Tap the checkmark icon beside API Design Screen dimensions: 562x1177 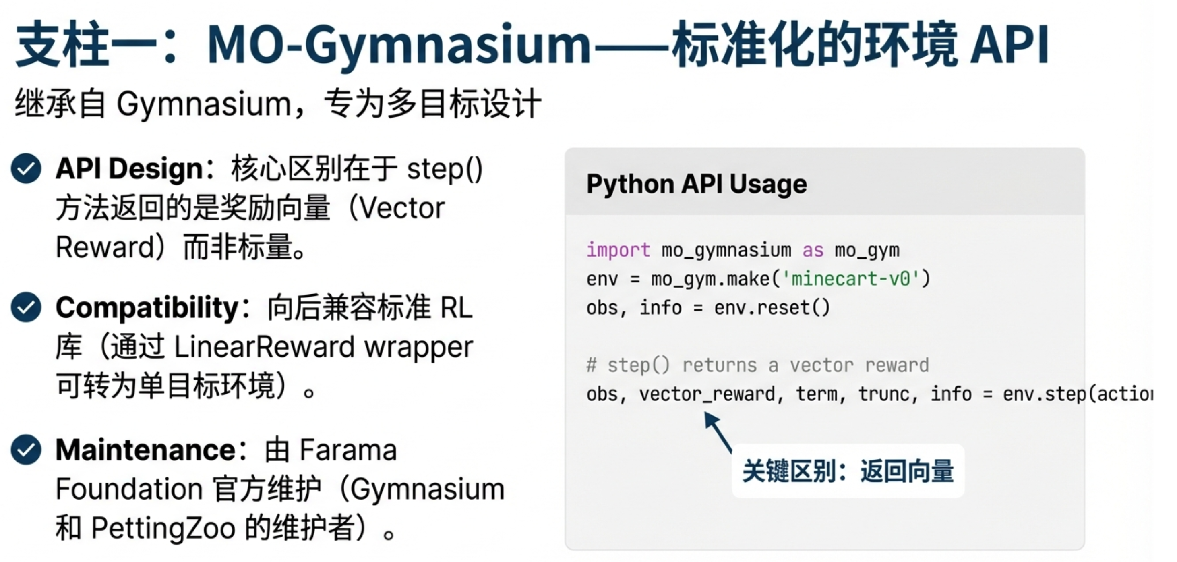pyautogui.click(x=26, y=168)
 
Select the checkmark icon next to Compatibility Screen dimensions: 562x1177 pyautogui.click(x=26, y=307)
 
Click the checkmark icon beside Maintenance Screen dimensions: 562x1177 pyautogui.click(x=26, y=450)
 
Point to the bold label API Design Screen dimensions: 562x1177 pyautogui.click(x=129, y=168)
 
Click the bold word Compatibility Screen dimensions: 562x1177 pyautogui.click(x=147, y=307)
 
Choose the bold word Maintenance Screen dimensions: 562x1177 pyautogui.click(x=145, y=450)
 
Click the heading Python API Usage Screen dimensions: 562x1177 pyautogui.click(x=696, y=184)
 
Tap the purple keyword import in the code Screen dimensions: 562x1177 pyautogui.click(x=618, y=250)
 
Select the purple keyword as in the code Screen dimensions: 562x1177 pyautogui.click(x=813, y=250)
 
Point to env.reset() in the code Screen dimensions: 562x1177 pyautogui.click(x=772, y=308)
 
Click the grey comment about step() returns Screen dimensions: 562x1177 pyautogui.click(x=757, y=365)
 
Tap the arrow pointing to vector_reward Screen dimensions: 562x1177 pyautogui.click(x=718, y=431)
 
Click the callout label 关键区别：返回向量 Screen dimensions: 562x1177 pyautogui.click(x=848, y=471)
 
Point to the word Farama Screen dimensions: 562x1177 pyautogui.click(x=348, y=450)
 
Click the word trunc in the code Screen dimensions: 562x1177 pyautogui.click(x=884, y=394)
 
